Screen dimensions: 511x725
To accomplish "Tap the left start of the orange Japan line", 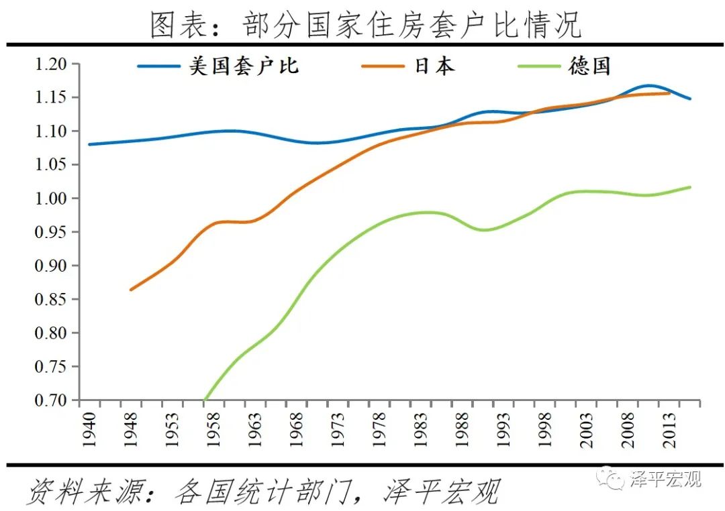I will [130, 290].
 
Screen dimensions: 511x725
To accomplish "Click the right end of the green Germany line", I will [690, 187].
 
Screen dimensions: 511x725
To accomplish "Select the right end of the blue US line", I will [690, 99].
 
